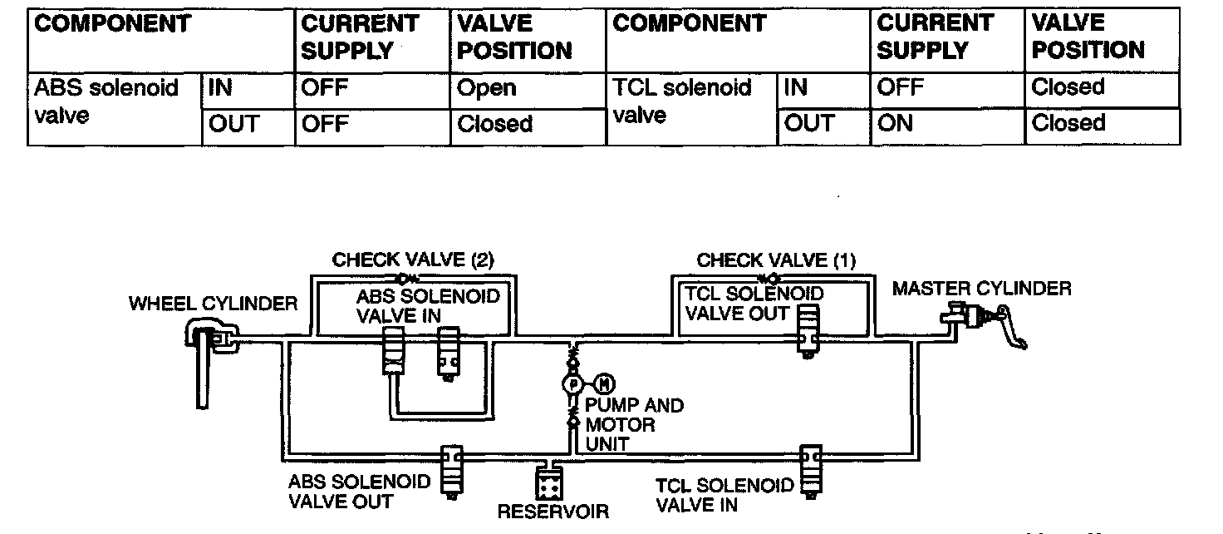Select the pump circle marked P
pyautogui.click(x=572, y=383)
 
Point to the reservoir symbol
pyautogui.click(x=548, y=482)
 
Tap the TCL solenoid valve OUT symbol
pyautogui.click(x=808, y=328)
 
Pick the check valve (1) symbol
pyautogui.click(x=767, y=277)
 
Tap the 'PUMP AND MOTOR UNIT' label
pyautogui.click(x=635, y=424)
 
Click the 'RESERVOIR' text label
pyautogui.click(x=553, y=512)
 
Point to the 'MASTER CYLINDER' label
pyautogui.click(x=981, y=289)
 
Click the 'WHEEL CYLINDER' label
pyautogui.click(x=213, y=304)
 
